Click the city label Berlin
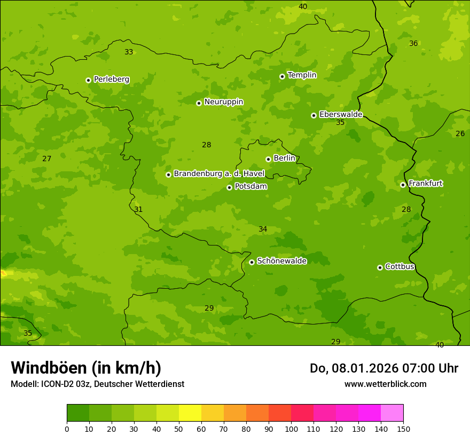(x=284, y=159)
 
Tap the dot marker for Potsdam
(x=229, y=187)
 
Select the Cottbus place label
(x=399, y=267)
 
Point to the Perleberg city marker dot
(x=88, y=80)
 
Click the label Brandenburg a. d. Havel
(x=219, y=174)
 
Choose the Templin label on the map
(x=302, y=75)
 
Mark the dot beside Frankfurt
(x=403, y=185)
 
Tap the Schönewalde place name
(x=281, y=261)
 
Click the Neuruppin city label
(x=223, y=102)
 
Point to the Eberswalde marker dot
(x=314, y=115)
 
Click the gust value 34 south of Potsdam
(x=263, y=229)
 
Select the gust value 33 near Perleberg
(x=129, y=52)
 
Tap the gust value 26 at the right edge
(x=460, y=133)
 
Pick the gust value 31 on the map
(x=138, y=209)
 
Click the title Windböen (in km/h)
(x=86, y=368)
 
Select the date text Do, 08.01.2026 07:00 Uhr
(x=383, y=368)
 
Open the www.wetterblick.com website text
(x=385, y=384)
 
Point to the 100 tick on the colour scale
(x=291, y=429)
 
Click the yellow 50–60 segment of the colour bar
(x=190, y=413)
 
